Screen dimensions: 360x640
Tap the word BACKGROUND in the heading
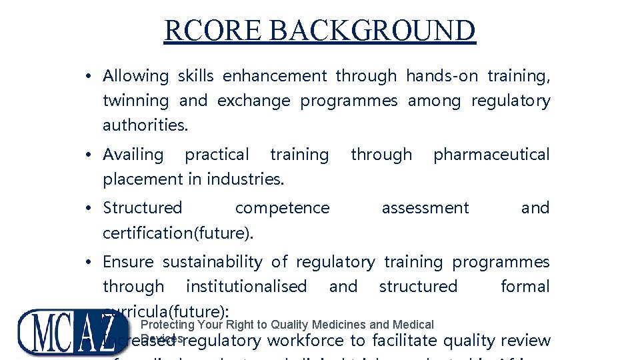click(373, 31)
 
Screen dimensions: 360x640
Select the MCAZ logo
click(73, 333)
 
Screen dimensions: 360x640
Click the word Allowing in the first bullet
click(135, 76)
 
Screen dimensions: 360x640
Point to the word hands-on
click(442, 76)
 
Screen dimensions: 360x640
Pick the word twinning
click(135, 101)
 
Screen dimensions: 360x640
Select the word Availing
click(133, 155)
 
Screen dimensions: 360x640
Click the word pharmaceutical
click(491, 155)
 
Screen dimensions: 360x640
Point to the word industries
click(245, 179)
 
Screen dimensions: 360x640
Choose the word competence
click(282, 208)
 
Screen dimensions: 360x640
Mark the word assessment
click(425, 208)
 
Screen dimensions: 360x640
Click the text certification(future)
click(178, 233)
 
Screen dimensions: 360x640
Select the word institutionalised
click(246, 287)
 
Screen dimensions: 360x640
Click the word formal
click(525, 287)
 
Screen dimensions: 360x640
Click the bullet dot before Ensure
click(89, 263)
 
